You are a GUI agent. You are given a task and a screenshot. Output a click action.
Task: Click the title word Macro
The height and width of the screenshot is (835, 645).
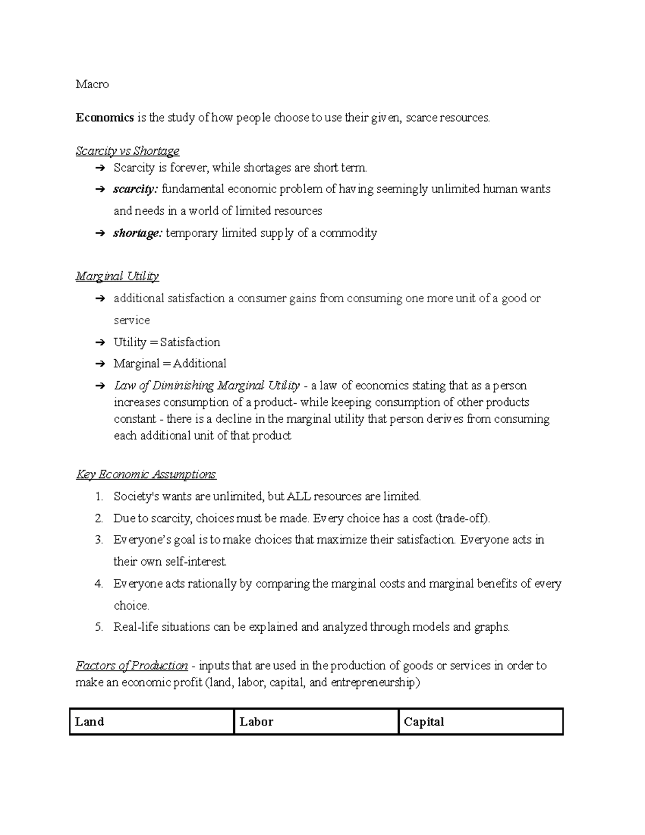(92, 84)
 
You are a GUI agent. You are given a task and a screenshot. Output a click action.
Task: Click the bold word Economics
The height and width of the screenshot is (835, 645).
(105, 118)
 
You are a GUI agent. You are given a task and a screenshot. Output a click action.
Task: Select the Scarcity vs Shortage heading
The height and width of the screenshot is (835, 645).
(127, 151)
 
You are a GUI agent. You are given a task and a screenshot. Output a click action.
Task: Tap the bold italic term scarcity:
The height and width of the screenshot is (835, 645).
(135, 189)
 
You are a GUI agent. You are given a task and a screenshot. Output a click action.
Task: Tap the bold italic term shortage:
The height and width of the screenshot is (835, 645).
(138, 233)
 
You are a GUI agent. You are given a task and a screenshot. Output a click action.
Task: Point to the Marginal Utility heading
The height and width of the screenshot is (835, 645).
(117, 276)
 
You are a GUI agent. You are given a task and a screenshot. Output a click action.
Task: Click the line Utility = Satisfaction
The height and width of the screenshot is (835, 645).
(167, 342)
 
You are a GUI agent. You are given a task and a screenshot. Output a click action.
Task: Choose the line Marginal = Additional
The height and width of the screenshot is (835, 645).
(170, 364)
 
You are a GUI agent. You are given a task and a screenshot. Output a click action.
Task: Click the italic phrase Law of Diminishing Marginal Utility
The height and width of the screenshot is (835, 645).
(206, 386)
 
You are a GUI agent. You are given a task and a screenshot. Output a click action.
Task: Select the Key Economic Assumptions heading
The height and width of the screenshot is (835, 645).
(146, 474)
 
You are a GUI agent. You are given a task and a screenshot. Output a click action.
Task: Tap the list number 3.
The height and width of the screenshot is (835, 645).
(98, 540)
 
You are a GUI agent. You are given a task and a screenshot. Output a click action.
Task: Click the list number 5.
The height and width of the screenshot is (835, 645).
(98, 627)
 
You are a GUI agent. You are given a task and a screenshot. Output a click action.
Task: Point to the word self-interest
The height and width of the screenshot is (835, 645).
(196, 562)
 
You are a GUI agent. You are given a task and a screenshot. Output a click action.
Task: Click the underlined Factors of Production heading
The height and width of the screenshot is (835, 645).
(132, 666)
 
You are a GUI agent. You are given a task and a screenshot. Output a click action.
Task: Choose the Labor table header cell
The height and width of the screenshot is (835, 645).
(316, 722)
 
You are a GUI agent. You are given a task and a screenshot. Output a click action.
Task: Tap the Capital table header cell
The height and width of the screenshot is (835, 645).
(481, 722)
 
